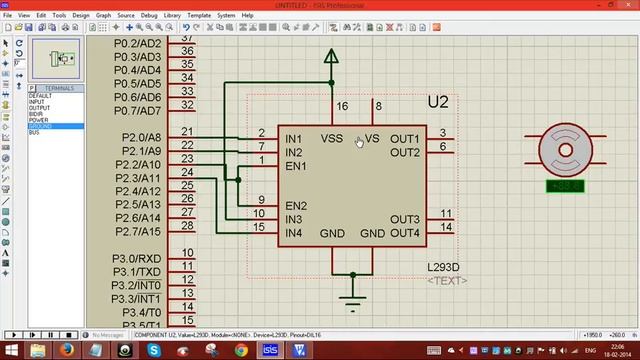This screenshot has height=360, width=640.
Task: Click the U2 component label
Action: pyautogui.click(x=438, y=102)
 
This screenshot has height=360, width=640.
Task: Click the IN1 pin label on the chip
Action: pyautogui.click(x=293, y=138)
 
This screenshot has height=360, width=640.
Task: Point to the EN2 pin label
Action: pyautogui.click(x=296, y=206)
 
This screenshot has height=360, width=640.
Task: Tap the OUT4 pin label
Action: pyautogui.click(x=405, y=233)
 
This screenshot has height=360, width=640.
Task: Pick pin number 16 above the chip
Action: pyautogui.click(x=342, y=106)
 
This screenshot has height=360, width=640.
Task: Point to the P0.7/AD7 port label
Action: pyautogui.click(x=138, y=111)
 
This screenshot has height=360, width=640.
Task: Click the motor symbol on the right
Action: pyautogui.click(x=566, y=151)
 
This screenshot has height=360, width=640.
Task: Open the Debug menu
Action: pyautogui.click(x=150, y=16)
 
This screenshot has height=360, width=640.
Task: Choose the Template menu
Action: pyautogui.click(x=200, y=16)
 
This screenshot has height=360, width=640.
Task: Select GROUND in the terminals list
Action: pyautogui.click(x=42, y=127)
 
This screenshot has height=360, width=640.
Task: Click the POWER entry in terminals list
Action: pyautogui.click(x=39, y=120)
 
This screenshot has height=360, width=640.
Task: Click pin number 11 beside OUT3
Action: pyautogui.click(x=445, y=214)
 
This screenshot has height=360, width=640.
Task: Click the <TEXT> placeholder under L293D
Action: pyautogui.click(x=447, y=280)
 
